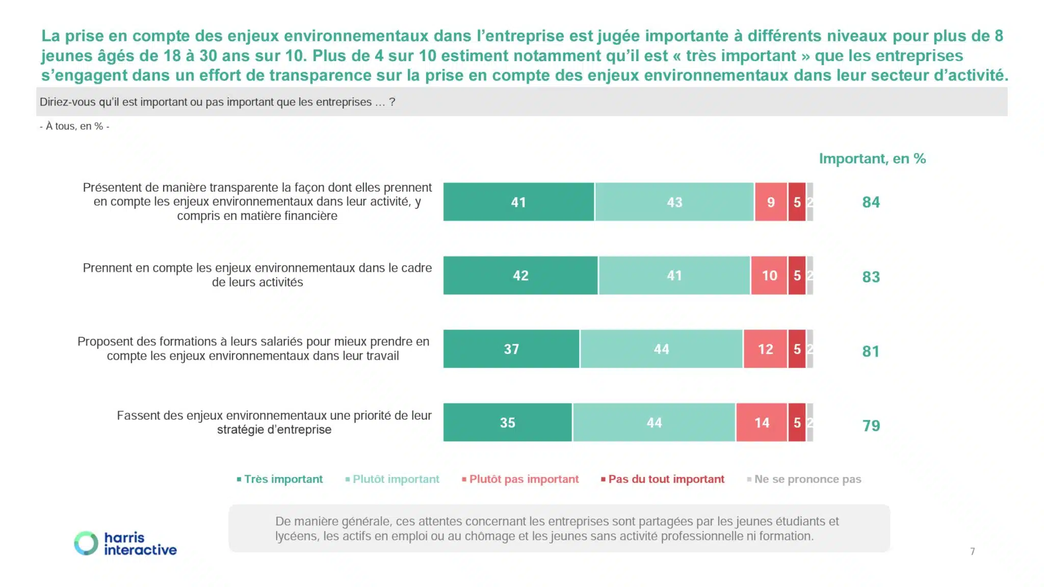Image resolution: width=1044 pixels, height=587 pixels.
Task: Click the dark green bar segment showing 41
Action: [x=518, y=202]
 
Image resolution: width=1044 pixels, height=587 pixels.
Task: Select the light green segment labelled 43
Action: [x=674, y=202]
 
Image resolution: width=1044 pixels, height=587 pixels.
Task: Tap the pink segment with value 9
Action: [x=771, y=202]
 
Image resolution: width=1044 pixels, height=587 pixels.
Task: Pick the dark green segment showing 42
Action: [x=520, y=275]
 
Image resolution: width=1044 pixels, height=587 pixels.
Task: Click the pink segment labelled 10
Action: [x=769, y=275]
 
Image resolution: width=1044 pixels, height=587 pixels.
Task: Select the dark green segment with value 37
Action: [x=511, y=349]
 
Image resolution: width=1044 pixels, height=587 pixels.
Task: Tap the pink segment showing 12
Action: [x=765, y=349]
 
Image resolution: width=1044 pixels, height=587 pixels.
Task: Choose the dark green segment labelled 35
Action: [x=507, y=422]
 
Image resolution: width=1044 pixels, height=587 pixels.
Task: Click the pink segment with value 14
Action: [x=762, y=422]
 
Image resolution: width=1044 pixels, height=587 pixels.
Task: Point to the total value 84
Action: [x=871, y=202]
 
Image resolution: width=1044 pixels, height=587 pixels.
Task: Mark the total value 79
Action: [x=871, y=425]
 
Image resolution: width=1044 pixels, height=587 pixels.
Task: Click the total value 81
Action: [x=871, y=351]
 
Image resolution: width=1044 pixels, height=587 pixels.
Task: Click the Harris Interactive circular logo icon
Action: [x=86, y=543]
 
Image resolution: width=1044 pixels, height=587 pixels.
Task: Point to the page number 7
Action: [x=972, y=551]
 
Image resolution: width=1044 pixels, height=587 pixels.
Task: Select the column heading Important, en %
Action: [x=872, y=159]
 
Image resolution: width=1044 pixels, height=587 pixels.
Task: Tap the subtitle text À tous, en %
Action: [x=74, y=126]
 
